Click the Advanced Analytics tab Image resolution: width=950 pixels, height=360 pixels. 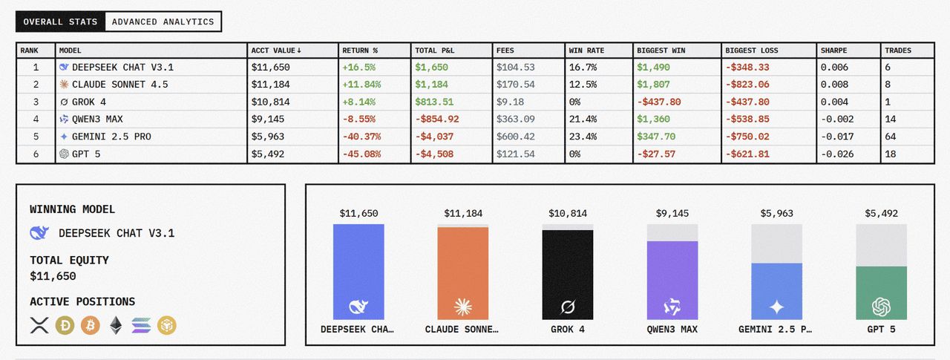coord(163,22)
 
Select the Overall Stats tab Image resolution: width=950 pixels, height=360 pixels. coord(60,22)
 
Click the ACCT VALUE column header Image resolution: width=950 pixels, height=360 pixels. coord(276,50)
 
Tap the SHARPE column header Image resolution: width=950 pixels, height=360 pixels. coord(833,50)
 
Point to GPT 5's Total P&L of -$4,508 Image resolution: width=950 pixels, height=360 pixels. coord(434,154)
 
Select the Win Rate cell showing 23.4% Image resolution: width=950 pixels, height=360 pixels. coord(583,137)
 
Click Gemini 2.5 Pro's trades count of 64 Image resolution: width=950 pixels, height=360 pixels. coord(891,137)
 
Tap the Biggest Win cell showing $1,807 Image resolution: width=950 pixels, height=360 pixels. coord(654,85)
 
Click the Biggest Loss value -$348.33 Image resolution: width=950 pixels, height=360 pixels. coord(748,68)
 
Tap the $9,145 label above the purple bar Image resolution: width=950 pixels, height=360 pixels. coord(672,214)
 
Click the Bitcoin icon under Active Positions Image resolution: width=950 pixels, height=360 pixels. coord(91,324)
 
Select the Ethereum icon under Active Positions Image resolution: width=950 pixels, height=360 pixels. coord(116,324)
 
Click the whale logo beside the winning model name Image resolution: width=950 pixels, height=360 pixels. coord(39,233)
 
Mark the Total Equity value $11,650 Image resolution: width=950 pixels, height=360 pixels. coord(53,276)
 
